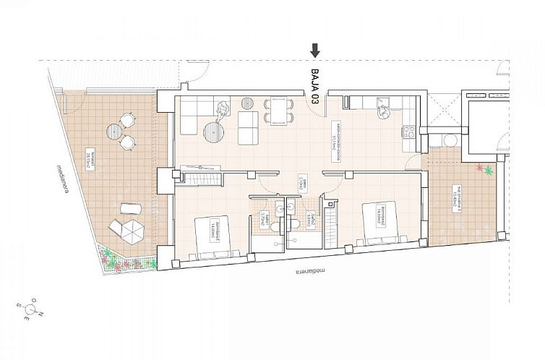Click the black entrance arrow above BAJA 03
(x=315, y=50)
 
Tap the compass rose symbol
(x=33, y=310)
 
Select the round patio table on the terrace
(x=116, y=131)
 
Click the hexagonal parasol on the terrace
(x=132, y=231)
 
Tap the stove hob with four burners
(x=409, y=132)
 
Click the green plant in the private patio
(x=489, y=171)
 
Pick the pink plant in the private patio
(x=479, y=168)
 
